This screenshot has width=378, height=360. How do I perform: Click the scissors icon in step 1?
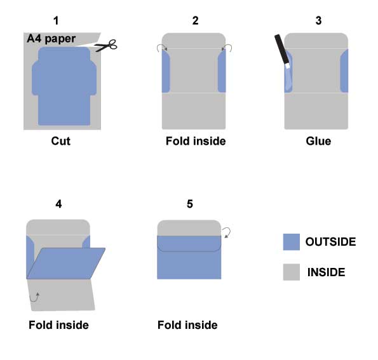[x=106, y=45]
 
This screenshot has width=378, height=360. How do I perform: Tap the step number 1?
[x=56, y=21]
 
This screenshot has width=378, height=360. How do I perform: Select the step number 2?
[x=195, y=21]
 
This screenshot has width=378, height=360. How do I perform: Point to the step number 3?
[x=318, y=21]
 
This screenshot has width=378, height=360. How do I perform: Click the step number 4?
[x=58, y=204]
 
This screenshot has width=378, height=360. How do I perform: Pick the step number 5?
[x=190, y=204]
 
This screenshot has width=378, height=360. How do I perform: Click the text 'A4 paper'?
[x=51, y=39]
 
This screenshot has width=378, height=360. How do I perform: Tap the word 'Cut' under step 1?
[x=61, y=141]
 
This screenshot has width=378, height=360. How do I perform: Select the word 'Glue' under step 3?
[x=318, y=141]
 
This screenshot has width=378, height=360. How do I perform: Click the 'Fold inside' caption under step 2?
[x=196, y=141]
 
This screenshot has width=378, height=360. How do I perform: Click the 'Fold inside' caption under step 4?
[x=59, y=325]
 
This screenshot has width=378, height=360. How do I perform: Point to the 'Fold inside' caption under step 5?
[x=187, y=325]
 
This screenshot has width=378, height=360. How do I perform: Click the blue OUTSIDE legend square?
[x=292, y=242]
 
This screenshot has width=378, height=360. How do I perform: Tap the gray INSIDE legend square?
[x=292, y=272]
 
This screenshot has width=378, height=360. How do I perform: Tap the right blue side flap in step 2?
[x=222, y=71]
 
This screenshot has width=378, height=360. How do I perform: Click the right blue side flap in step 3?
[x=344, y=71]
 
